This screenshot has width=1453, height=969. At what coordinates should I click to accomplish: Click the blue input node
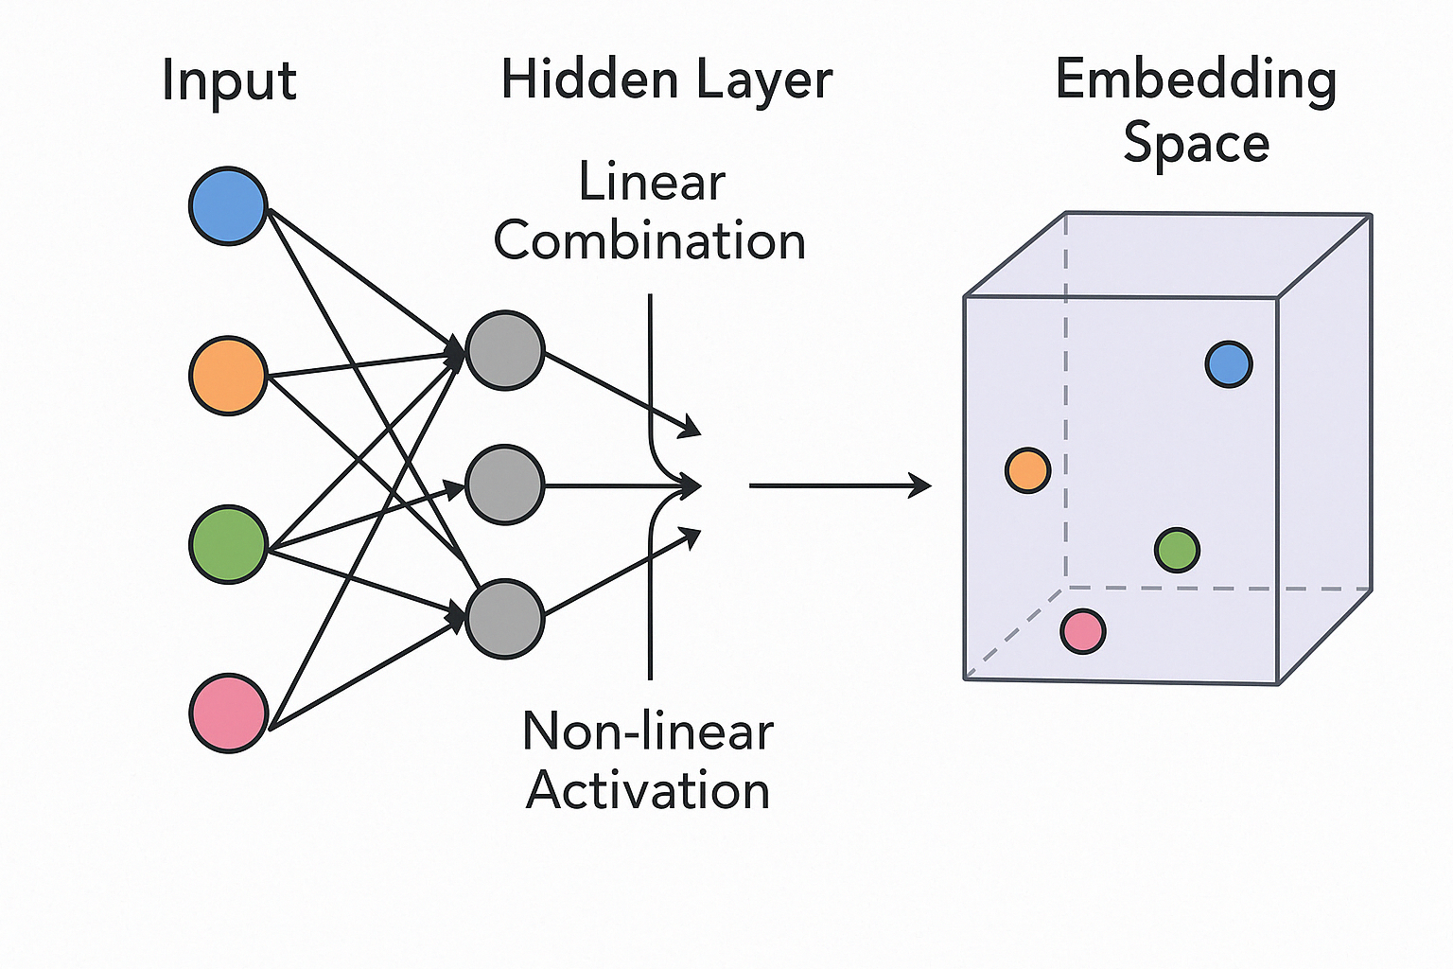click(228, 206)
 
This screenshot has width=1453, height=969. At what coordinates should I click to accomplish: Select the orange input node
click(228, 375)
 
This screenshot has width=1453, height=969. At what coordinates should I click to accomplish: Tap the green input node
click(228, 544)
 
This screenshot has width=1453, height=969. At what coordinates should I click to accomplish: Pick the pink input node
click(228, 713)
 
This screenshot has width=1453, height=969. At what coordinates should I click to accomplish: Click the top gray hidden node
click(505, 350)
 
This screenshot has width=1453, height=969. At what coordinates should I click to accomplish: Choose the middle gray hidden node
click(505, 484)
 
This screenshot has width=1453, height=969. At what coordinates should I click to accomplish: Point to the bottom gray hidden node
click(505, 619)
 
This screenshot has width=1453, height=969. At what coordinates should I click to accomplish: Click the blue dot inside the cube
click(1229, 364)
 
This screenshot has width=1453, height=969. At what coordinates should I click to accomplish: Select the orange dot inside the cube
click(1027, 470)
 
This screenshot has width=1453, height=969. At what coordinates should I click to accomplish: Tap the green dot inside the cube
click(1178, 550)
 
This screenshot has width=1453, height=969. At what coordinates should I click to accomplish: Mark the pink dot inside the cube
click(1083, 631)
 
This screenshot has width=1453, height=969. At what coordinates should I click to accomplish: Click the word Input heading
click(229, 81)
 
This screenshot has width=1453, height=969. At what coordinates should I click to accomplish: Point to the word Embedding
click(1196, 81)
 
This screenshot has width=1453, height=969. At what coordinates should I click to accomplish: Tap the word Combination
click(650, 241)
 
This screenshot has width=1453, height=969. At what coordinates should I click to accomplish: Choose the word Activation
click(648, 790)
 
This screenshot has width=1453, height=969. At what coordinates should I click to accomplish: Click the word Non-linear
click(648, 731)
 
